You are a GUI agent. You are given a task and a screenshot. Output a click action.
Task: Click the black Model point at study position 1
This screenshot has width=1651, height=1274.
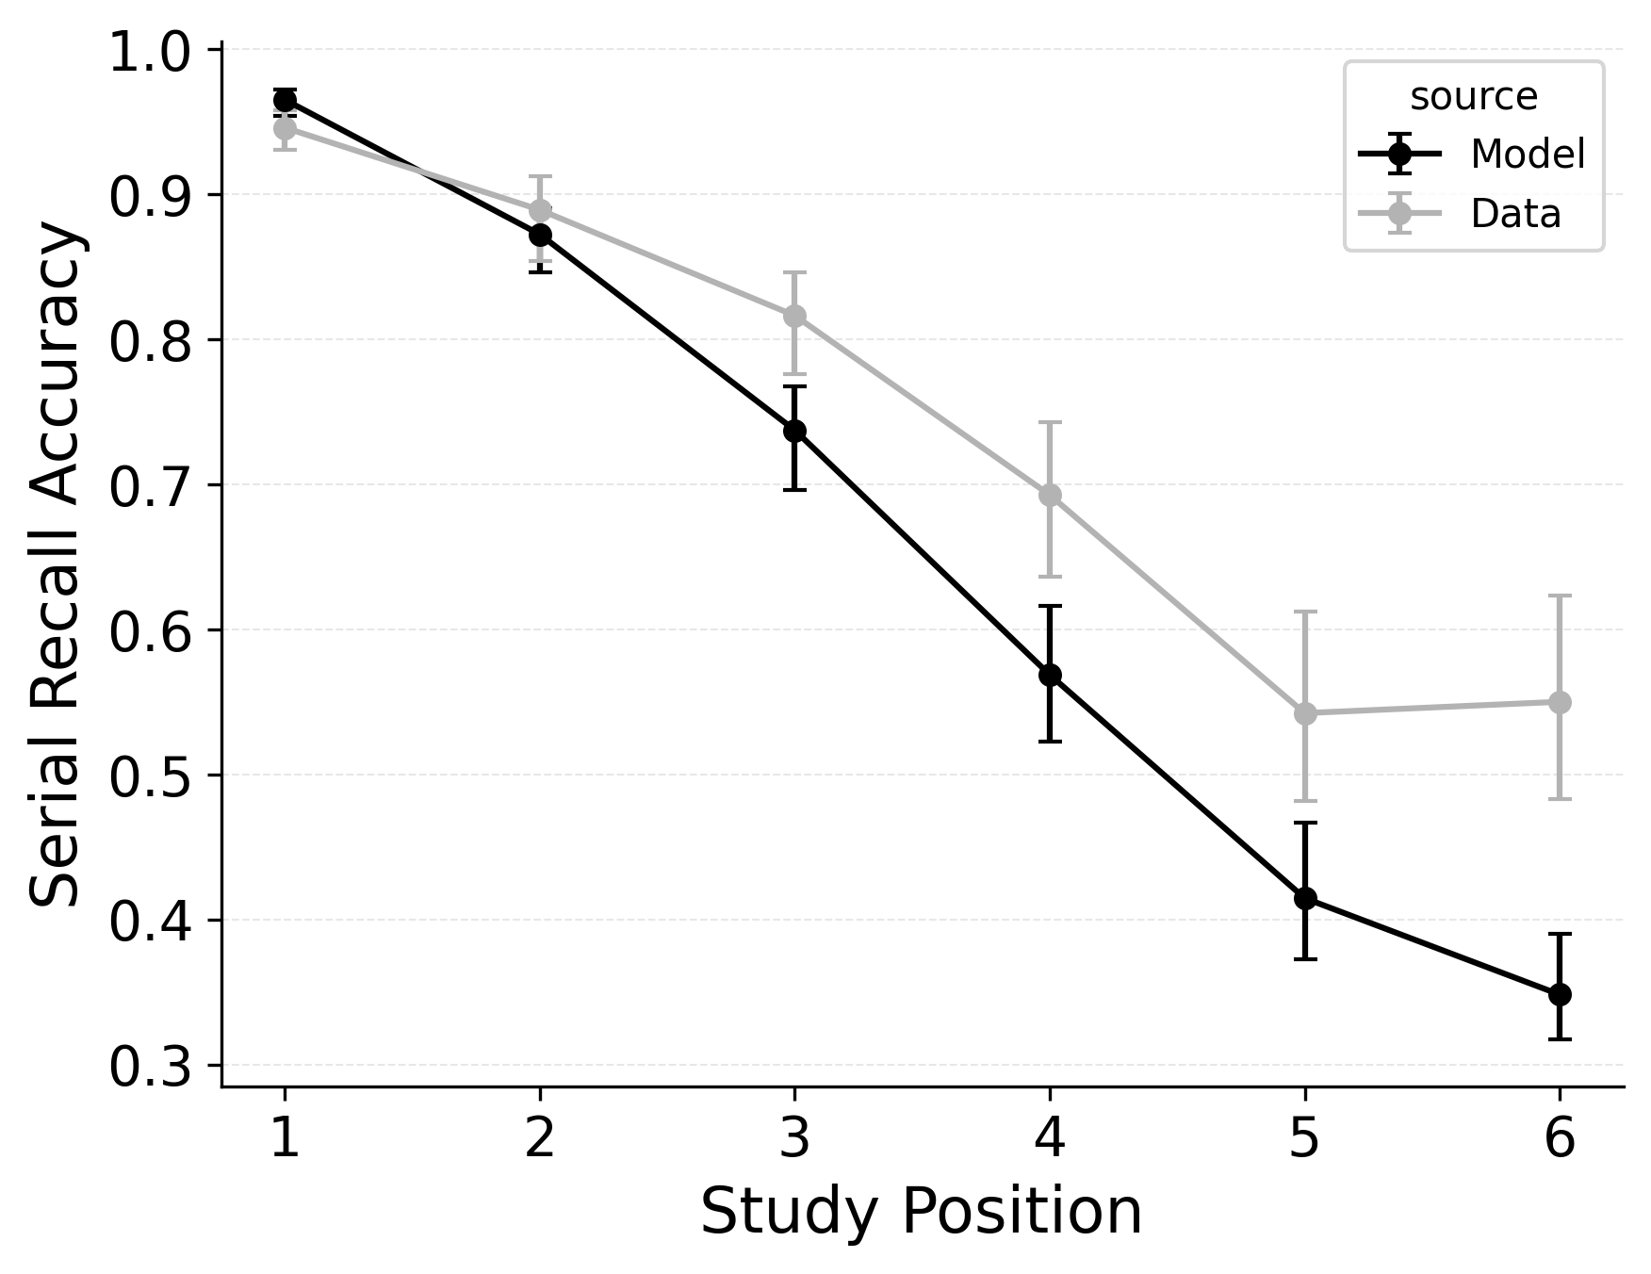tap(285, 100)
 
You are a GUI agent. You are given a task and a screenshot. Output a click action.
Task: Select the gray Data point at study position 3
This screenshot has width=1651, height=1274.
tap(794, 315)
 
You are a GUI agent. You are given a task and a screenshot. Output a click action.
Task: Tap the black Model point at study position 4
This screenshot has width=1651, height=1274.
tap(1050, 675)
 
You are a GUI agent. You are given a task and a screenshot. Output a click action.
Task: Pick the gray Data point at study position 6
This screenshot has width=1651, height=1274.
tap(1560, 702)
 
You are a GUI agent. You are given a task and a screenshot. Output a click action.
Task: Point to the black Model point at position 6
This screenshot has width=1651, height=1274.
tap(1560, 994)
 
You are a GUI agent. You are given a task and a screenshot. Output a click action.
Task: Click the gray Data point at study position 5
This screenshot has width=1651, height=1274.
tap(1305, 713)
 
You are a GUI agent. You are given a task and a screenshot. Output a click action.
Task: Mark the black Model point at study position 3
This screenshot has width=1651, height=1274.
tap(794, 431)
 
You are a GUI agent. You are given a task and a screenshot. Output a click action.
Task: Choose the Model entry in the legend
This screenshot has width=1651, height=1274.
tap(1528, 154)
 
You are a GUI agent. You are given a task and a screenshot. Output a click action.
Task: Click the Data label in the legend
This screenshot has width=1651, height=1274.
tap(1515, 214)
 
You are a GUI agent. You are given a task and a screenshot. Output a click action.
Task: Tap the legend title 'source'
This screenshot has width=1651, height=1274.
tap(1473, 97)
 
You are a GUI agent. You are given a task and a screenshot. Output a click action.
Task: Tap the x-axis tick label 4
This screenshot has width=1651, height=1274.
tap(1050, 1138)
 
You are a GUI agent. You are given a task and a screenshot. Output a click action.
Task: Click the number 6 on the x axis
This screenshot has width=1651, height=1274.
tap(1560, 1138)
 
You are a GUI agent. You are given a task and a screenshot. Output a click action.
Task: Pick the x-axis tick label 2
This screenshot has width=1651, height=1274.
tap(540, 1138)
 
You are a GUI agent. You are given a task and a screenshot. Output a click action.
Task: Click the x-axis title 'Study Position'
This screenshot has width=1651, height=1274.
tap(921, 1212)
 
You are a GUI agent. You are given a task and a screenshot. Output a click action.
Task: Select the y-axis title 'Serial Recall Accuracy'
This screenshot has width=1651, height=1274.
tap(57, 563)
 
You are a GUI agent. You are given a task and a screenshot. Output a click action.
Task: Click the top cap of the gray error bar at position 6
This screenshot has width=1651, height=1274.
tap(1560, 596)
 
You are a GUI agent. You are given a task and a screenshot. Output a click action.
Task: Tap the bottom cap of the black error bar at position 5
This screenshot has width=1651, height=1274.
tap(1305, 958)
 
